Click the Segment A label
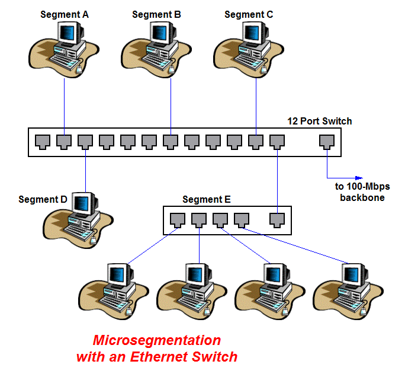tap(65, 14)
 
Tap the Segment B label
tap(157, 14)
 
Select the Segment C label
tap(249, 14)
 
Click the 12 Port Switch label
tap(320, 122)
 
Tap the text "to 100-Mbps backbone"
tap(362, 191)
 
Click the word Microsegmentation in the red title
tap(157, 341)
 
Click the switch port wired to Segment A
tap(64, 142)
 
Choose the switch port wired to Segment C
tap(255, 142)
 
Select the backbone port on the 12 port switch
tap(326, 142)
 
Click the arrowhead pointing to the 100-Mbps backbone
tap(358, 177)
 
